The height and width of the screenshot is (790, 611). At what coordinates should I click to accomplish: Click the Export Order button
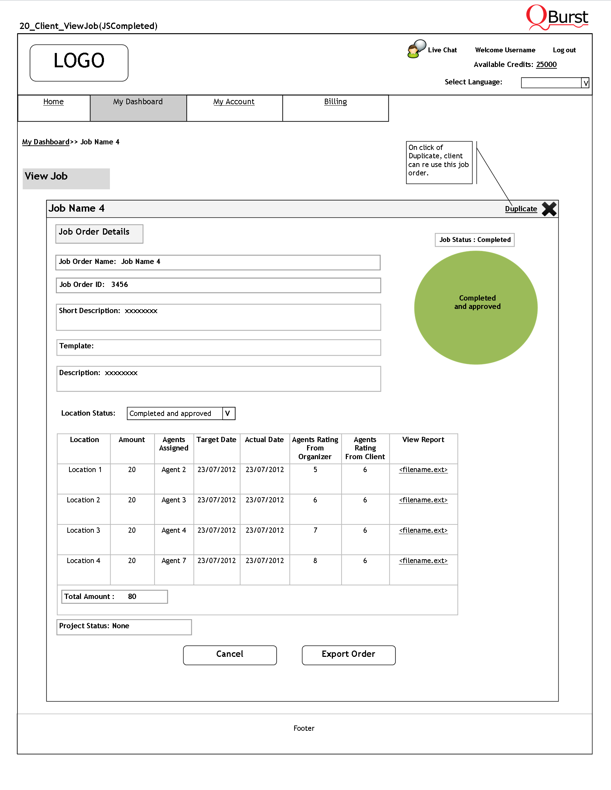point(348,655)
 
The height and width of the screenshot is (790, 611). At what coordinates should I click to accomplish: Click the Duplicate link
point(521,209)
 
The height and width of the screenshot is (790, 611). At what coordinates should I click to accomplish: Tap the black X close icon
point(549,209)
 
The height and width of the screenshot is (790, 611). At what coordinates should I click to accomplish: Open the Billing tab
point(335,102)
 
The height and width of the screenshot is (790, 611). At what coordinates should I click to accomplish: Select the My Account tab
point(234,102)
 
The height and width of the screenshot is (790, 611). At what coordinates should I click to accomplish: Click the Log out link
point(564,50)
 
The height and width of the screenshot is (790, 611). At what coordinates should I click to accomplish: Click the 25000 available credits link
point(546,64)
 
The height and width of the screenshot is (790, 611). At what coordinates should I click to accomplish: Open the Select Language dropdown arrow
point(585,83)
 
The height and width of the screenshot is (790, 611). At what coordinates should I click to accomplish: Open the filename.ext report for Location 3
point(423,530)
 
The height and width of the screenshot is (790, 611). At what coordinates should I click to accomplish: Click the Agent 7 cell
point(174,561)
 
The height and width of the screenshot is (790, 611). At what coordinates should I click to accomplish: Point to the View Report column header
point(423,440)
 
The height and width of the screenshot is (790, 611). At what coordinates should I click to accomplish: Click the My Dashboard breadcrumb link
point(46,142)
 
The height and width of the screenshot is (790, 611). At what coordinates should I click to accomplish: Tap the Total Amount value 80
point(132,597)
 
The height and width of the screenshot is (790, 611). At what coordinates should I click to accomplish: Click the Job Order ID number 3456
point(119,285)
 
